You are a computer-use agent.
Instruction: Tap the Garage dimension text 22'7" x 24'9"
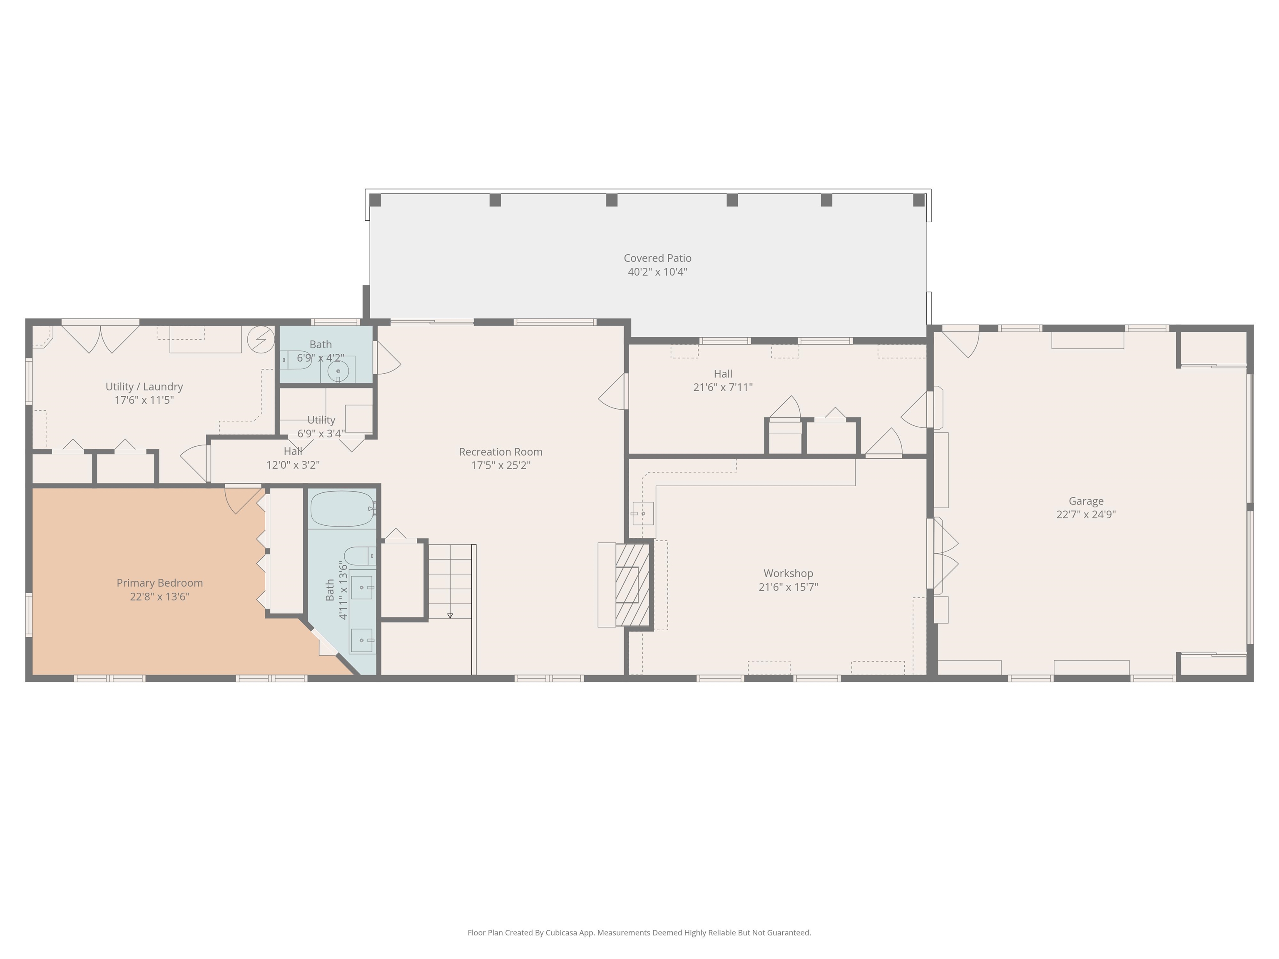click(1086, 514)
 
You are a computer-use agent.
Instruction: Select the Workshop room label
click(788, 574)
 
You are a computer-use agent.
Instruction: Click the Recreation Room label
click(501, 452)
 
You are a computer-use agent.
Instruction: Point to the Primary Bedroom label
click(159, 583)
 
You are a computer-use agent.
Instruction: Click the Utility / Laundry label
click(144, 387)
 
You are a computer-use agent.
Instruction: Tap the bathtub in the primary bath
click(342, 509)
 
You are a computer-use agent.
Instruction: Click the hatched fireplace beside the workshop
click(634, 585)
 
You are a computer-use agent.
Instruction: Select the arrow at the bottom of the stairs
click(450, 615)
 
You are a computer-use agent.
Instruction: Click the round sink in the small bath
click(338, 371)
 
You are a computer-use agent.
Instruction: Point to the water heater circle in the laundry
click(261, 339)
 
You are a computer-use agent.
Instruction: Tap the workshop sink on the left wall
click(642, 513)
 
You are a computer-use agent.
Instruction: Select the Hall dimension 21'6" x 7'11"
click(723, 387)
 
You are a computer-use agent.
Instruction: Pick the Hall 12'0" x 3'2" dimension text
click(293, 465)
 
